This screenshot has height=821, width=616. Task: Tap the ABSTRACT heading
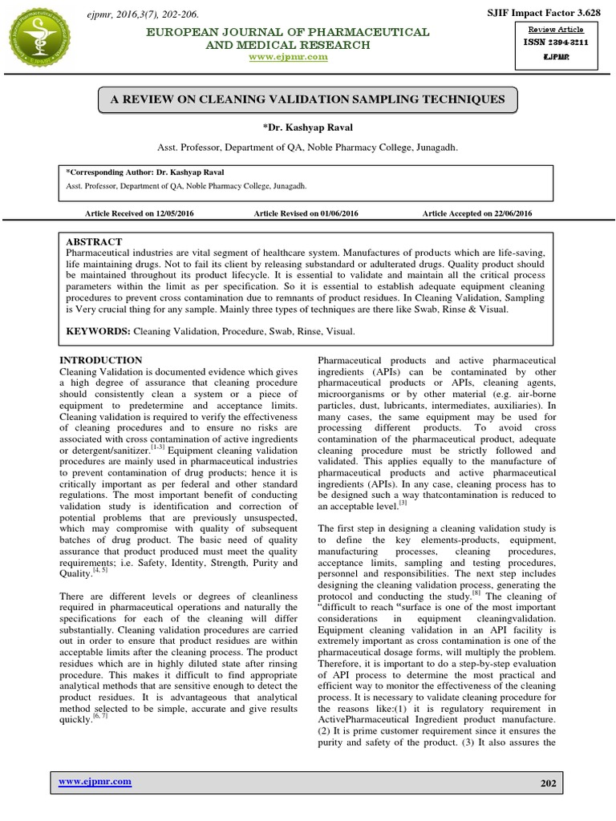coord(95,241)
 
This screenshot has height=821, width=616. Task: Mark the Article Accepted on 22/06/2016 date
coord(477,213)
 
